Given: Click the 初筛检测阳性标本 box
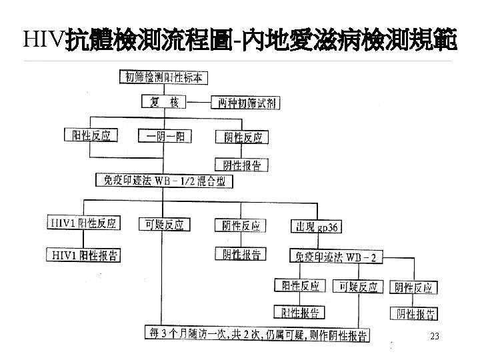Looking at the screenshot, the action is point(163,77).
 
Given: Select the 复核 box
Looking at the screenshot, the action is point(163,102).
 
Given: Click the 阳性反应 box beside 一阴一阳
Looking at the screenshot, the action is point(91,136).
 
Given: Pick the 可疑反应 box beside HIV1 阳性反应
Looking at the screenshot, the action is point(164,224).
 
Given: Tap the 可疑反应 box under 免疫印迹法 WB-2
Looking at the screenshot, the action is point(358,287).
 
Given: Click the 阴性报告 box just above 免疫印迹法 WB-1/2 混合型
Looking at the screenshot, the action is point(241,164).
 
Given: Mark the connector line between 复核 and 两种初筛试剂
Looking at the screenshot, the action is point(198,102).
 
